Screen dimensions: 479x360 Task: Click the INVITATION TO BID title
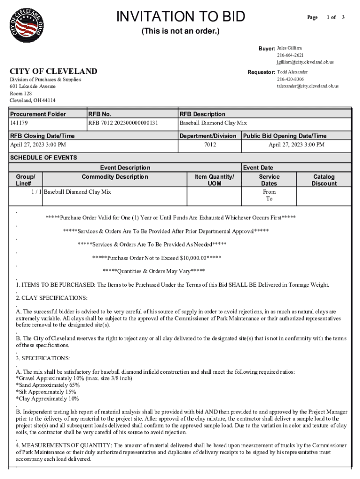pos(180,17)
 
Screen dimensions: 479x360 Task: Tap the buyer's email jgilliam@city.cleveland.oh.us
pos(305,62)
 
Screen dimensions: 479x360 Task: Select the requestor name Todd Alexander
pos(292,72)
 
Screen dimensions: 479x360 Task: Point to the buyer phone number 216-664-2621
pos(290,55)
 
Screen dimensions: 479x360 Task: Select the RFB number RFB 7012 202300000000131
pos(123,123)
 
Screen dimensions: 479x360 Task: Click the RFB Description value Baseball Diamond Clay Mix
pos(213,123)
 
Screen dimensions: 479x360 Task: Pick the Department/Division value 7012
pos(210,145)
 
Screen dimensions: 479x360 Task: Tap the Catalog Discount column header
pos(324,180)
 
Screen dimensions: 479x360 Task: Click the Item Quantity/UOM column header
pos(214,180)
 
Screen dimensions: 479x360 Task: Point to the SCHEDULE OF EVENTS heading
pos(43,158)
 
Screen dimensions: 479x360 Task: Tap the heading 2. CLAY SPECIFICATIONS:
pos(51,298)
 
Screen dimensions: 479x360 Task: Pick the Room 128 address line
pos(21,94)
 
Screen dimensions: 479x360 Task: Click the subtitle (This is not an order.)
pos(180,32)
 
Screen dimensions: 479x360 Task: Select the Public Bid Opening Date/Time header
pos(284,136)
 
